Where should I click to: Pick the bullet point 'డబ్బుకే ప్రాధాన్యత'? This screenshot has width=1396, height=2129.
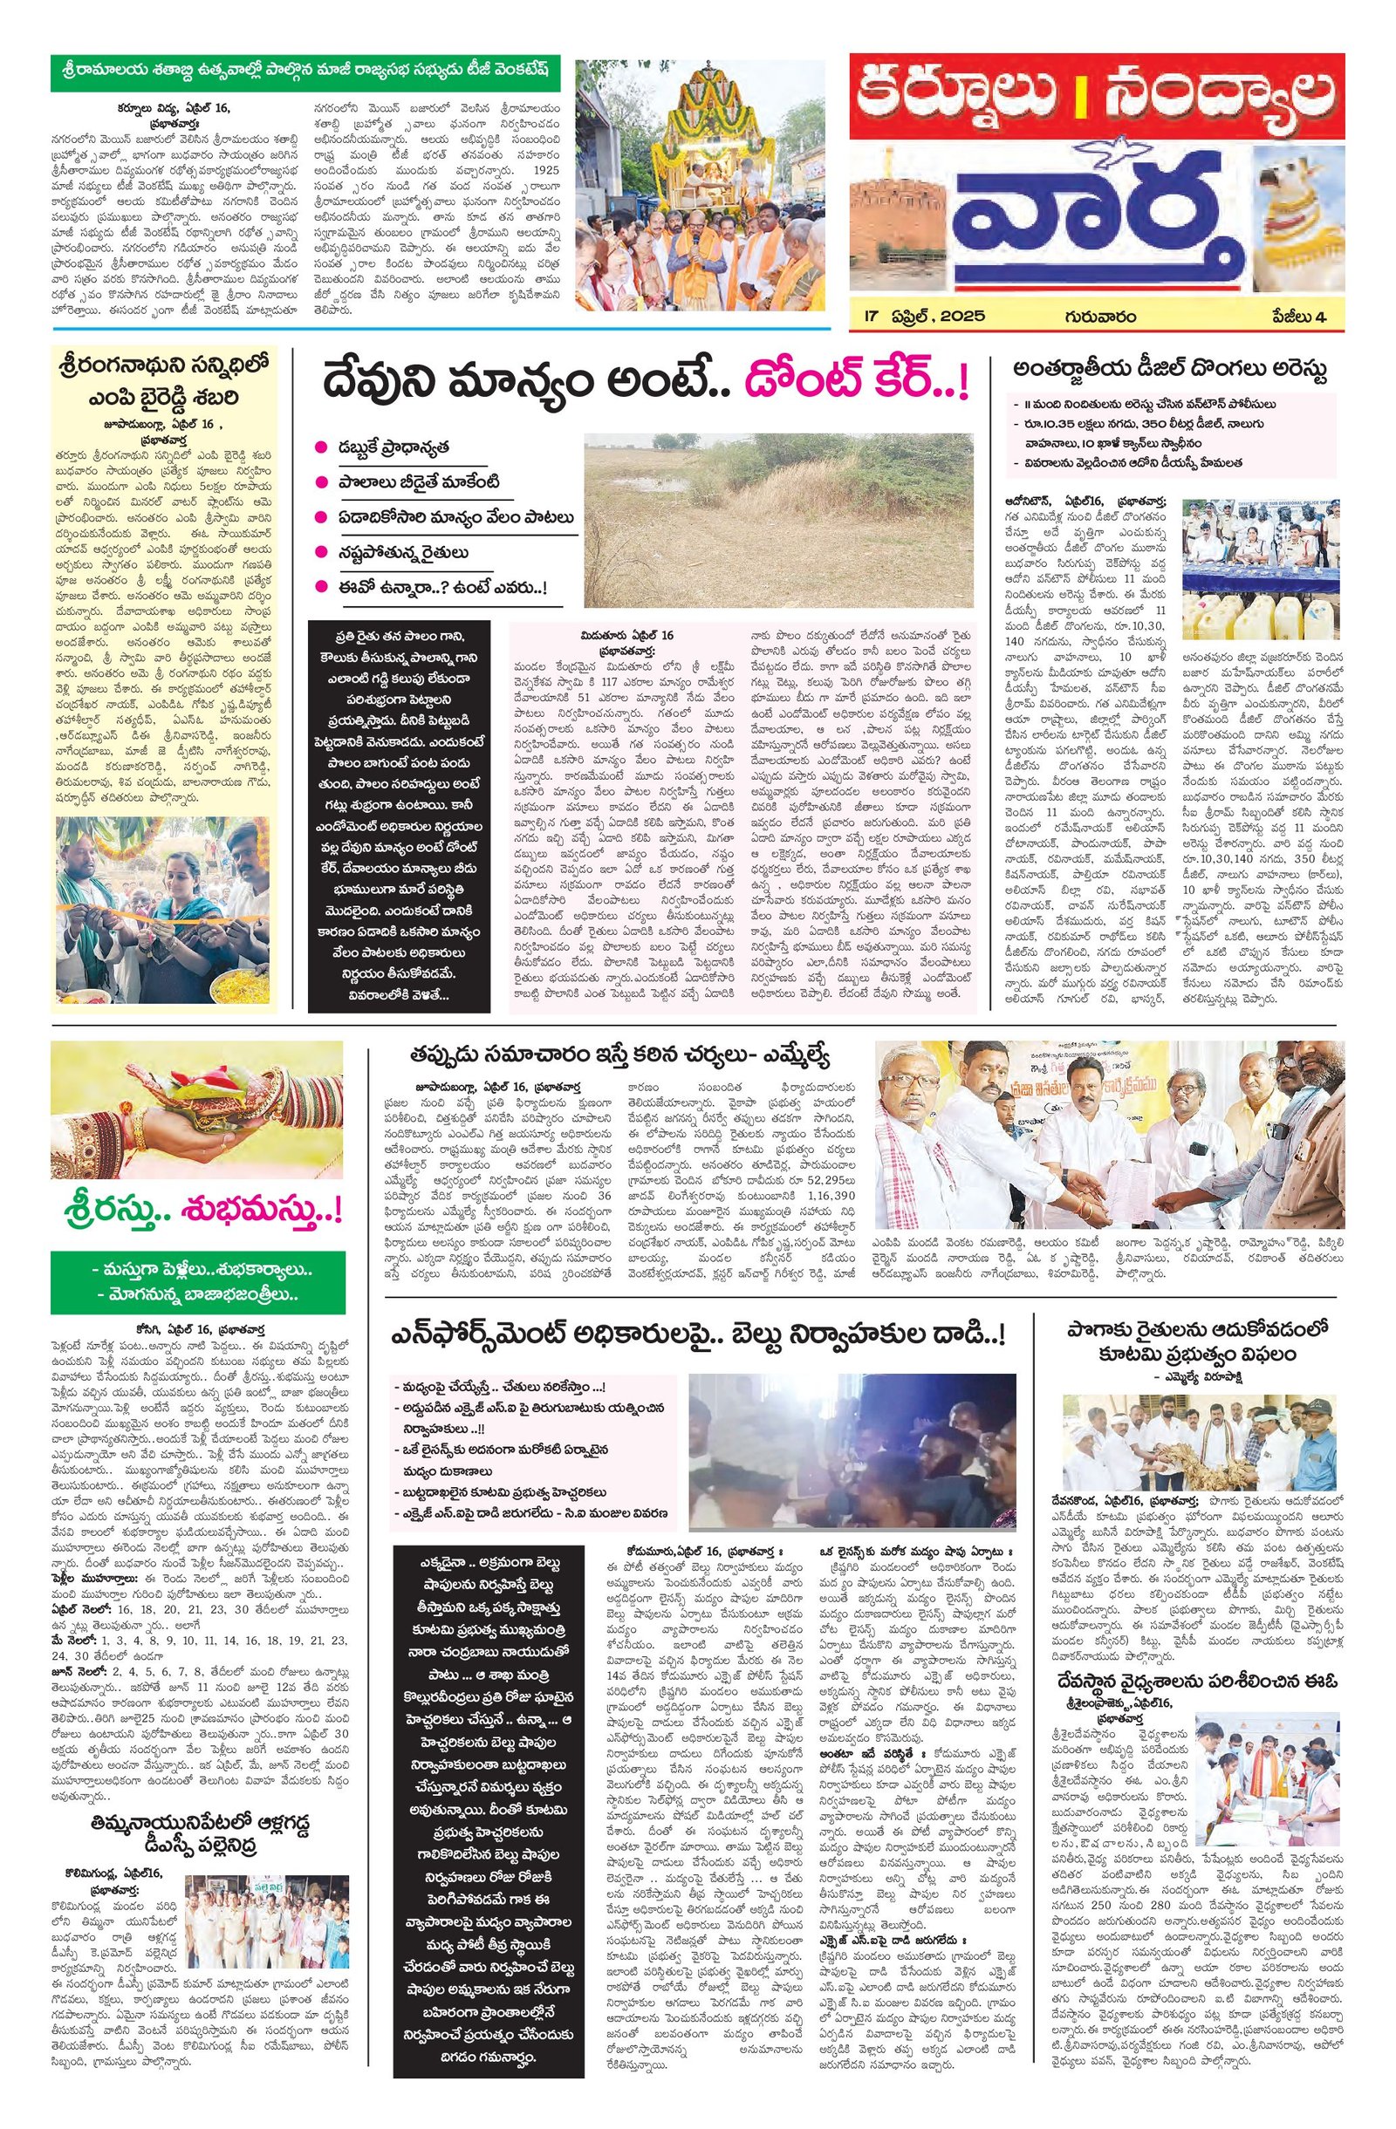click(392, 447)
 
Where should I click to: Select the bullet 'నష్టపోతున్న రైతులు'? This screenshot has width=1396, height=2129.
click(402, 552)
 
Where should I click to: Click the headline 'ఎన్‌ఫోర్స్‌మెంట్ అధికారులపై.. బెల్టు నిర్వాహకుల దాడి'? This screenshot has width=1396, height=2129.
click(697, 1335)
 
